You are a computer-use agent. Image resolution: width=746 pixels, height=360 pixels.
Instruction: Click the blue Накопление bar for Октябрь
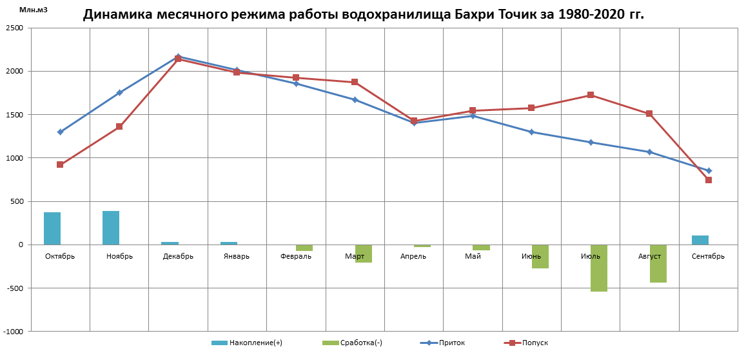(52, 228)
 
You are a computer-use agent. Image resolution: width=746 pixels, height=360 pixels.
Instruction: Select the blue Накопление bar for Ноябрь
(111, 228)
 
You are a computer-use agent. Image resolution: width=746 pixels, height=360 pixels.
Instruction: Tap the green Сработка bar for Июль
(599, 268)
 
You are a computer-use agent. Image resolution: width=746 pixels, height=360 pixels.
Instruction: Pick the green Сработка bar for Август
(658, 263)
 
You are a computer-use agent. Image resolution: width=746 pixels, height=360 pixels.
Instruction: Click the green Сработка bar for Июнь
(540, 256)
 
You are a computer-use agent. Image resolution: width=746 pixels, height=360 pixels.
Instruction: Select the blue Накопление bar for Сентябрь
(700, 240)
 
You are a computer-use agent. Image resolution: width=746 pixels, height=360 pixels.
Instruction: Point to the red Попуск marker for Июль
(591, 95)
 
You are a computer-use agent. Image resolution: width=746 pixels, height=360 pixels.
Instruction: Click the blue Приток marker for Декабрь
(178, 57)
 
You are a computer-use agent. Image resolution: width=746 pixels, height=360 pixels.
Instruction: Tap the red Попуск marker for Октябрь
(60, 165)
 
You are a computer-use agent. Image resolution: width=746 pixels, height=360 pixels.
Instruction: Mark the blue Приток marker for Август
(649, 152)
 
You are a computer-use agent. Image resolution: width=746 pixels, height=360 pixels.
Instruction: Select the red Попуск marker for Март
(355, 83)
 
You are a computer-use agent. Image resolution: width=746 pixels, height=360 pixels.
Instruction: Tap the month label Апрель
(413, 256)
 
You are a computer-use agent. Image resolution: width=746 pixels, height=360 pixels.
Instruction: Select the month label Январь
(237, 256)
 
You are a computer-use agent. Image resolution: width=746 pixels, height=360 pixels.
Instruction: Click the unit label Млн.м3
(34, 10)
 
